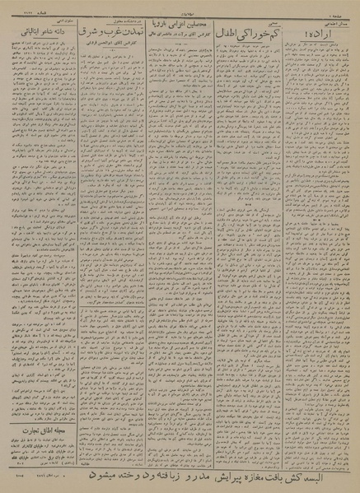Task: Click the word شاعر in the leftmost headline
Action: coord(36,33)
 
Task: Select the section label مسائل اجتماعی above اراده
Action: coord(339,20)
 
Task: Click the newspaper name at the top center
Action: coord(180,7)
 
